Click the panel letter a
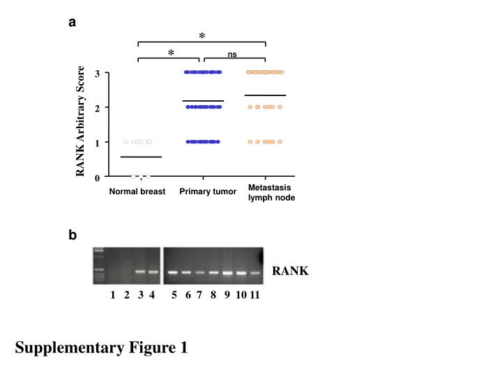click(72, 22)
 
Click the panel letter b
click(73, 236)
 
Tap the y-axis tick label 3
click(98, 73)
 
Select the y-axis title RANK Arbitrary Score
click(81, 122)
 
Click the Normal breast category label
click(137, 191)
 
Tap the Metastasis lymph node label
click(271, 193)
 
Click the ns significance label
click(232, 54)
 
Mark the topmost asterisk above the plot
click(202, 36)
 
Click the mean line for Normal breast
click(141, 157)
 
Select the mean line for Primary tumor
click(203, 102)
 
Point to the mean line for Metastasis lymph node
click(265, 95)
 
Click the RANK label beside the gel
click(290, 271)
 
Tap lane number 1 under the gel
click(113, 295)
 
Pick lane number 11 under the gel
click(254, 295)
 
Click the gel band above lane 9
click(227, 273)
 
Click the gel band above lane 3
click(140, 272)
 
